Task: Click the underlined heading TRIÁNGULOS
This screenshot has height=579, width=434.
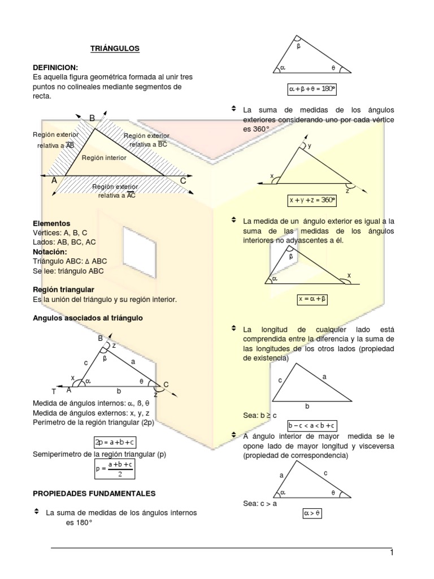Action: click(115, 49)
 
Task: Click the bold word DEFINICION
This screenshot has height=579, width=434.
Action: click(55, 67)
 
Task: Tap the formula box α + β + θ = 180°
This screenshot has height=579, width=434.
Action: click(312, 89)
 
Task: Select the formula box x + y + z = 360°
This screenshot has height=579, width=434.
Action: click(312, 200)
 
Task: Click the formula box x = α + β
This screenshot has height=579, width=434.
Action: click(312, 300)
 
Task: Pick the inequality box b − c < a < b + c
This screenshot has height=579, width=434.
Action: click(312, 426)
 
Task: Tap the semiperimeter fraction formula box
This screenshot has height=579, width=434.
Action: click(115, 468)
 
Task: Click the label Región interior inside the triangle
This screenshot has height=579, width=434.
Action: click(104, 158)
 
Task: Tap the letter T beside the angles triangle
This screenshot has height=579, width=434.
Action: click(54, 391)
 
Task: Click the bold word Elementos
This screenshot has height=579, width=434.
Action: click(51, 223)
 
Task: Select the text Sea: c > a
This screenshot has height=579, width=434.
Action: click(259, 503)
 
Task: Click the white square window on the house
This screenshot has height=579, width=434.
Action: click(139, 246)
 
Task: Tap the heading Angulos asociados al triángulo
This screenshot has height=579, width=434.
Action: click(88, 318)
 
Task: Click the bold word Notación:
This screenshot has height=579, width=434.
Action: click(50, 252)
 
